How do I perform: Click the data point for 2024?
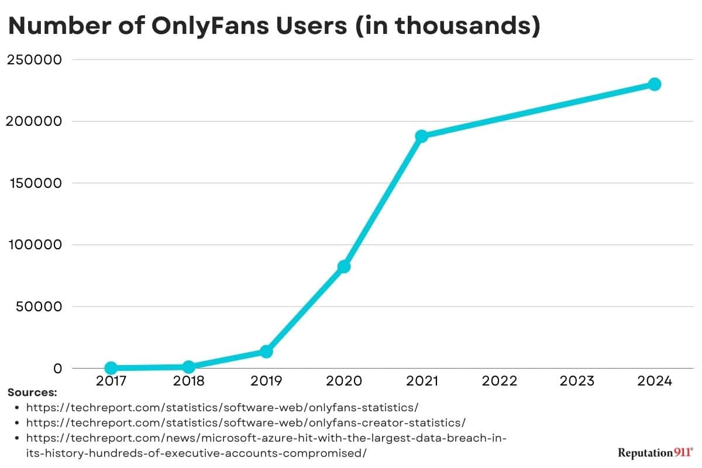click(x=655, y=84)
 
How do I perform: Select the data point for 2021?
click(x=421, y=136)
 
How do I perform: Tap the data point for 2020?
click(x=344, y=266)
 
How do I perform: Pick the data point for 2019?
click(x=266, y=351)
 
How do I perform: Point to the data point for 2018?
click(x=188, y=367)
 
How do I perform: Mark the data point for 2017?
click(x=111, y=367)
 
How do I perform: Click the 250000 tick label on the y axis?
click(x=34, y=60)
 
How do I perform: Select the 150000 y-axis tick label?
click(x=34, y=183)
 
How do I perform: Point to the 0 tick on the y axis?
click(x=57, y=369)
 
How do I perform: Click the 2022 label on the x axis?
click(x=500, y=381)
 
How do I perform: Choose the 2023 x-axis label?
click(x=577, y=381)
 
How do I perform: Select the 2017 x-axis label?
click(x=111, y=381)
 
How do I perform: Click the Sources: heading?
click(x=32, y=393)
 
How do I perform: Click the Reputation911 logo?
click(x=655, y=453)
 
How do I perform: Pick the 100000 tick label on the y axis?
click(x=34, y=245)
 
